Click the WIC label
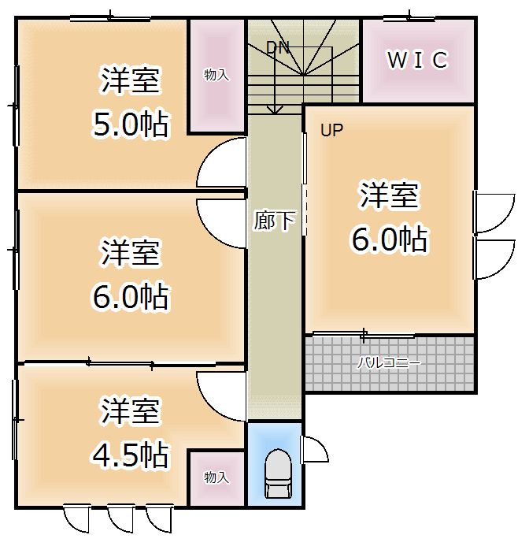pyautogui.click(x=417, y=60)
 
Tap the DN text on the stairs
pyautogui.click(x=277, y=48)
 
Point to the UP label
pyautogui.click(x=331, y=130)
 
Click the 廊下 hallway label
pyautogui.click(x=275, y=221)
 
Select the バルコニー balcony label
pyautogui.click(x=389, y=363)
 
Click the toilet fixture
pyautogui.click(x=277, y=474)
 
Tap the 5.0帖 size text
pyautogui.click(x=131, y=124)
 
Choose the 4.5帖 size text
pyautogui.click(x=131, y=455)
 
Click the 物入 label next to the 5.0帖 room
pyautogui.click(x=216, y=75)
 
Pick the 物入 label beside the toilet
pyautogui.click(x=216, y=477)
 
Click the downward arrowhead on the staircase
pyautogui.click(x=275, y=110)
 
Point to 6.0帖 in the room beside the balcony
pyautogui.click(x=389, y=240)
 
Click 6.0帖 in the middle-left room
pyautogui.click(x=131, y=297)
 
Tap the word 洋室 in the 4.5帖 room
pyautogui.click(x=131, y=411)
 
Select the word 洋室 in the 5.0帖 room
pyautogui.click(x=131, y=80)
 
